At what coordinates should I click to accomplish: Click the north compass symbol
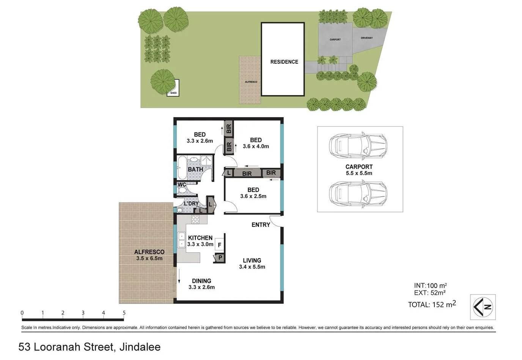pyautogui.click(x=483, y=307)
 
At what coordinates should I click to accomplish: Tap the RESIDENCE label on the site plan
pyautogui.click(x=284, y=62)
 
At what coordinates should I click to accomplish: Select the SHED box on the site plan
pyautogui.click(x=173, y=89)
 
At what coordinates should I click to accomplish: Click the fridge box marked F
pyautogui.click(x=219, y=245)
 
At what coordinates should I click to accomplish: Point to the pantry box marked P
pyautogui.click(x=220, y=258)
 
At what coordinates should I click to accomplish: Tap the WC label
pyautogui.click(x=182, y=185)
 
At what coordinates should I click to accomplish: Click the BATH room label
pyautogui.click(x=195, y=169)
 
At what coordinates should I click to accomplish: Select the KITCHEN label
pyautogui.click(x=200, y=238)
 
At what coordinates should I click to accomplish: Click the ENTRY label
pyautogui.click(x=261, y=225)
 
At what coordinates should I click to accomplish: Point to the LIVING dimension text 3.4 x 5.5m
pyautogui.click(x=252, y=267)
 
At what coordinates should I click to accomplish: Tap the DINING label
pyautogui.click(x=201, y=281)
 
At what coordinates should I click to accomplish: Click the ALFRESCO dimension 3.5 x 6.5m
pyautogui.click(x=149, y=258)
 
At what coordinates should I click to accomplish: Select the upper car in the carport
pyautogui.click(x=358, y=146)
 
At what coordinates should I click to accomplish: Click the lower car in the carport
pyautogui.click(x=358, y=193)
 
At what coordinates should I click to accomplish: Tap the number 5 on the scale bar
pyautogui.click(x=124, y=313)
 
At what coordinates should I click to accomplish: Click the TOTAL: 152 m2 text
pyautogui.click(x=432, y=304)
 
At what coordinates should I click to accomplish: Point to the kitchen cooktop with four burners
pyautogui.click(x=195, y=219)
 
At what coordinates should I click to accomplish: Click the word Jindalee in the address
pyautogui.click(x=140, y=347)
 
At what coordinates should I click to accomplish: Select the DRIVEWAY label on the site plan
pyautogui.click(x=366, y=38)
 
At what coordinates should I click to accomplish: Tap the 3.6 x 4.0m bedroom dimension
pyautogui.click(x=256, y=146)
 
